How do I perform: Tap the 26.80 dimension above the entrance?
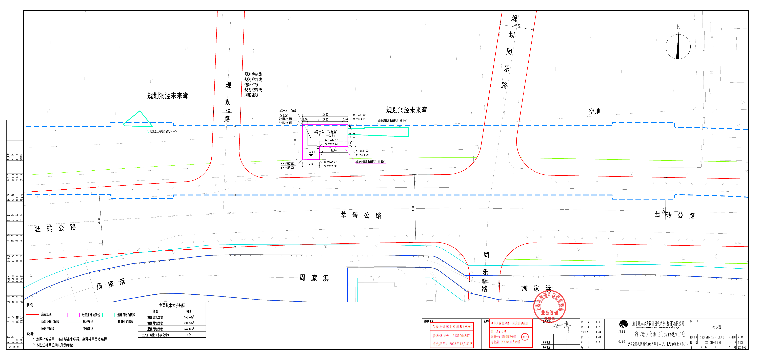[x=325, y=115]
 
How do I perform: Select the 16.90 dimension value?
[x=334, y=151]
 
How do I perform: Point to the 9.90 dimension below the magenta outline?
[x=311, y=164]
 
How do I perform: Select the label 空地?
[x=594, y=111]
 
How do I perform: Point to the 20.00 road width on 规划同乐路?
[x=517, y=25]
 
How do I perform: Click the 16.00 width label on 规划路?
[x=227, y=111]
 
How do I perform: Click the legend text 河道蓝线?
[x=88, y=329]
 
